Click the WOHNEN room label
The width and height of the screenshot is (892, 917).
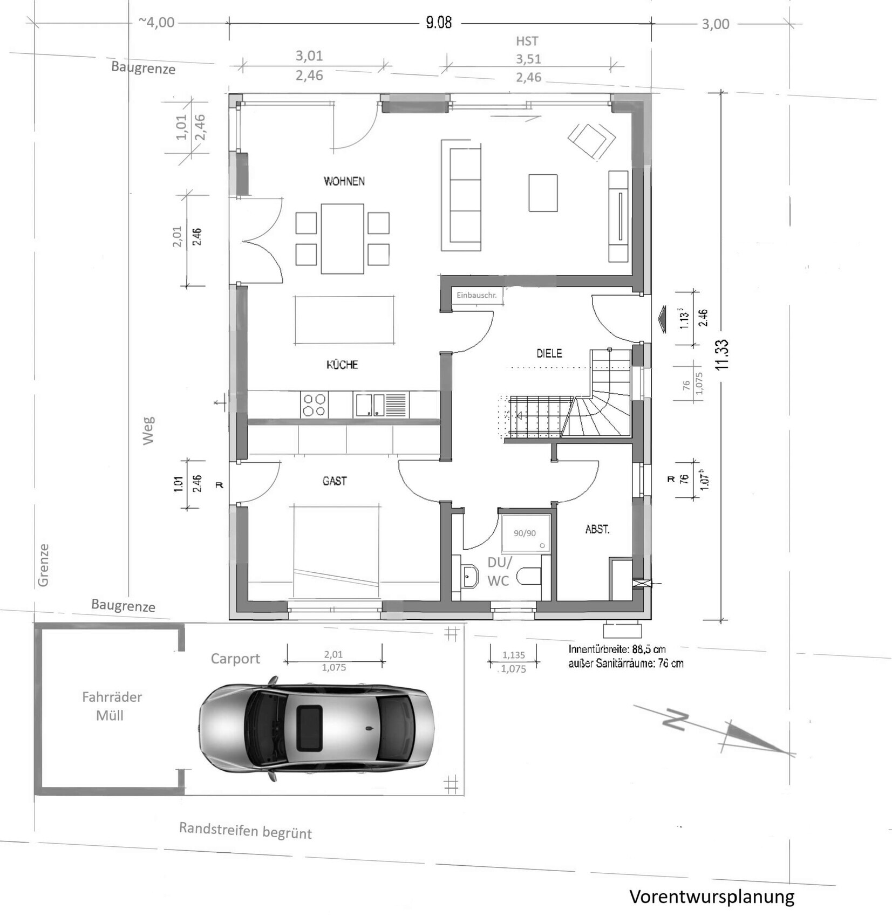pos(344,181)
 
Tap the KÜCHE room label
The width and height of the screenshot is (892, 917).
pos(342,365)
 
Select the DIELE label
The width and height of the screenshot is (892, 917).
pos(549,353)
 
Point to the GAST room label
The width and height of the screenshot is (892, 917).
pos(335,481)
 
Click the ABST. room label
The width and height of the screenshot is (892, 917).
pos(597,529)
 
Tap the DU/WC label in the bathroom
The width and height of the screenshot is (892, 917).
pos(499,571)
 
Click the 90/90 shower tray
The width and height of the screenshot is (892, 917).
pos(525,533)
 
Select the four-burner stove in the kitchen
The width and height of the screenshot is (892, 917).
pos(314,405)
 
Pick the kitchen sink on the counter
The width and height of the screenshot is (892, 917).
pos(380,405)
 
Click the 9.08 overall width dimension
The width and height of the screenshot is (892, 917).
pos(439,23)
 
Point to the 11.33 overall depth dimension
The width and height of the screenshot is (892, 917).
pos(722,354)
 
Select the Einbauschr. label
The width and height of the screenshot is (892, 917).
pos(476,295)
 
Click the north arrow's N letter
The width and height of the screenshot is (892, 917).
pos(675,720)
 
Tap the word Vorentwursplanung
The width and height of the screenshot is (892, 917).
pos(712,897)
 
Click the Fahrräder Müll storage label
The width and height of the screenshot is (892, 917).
pos(111,706)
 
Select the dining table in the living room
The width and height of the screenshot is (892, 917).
pos(342,238)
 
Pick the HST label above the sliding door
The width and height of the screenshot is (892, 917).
pos(527,41)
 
